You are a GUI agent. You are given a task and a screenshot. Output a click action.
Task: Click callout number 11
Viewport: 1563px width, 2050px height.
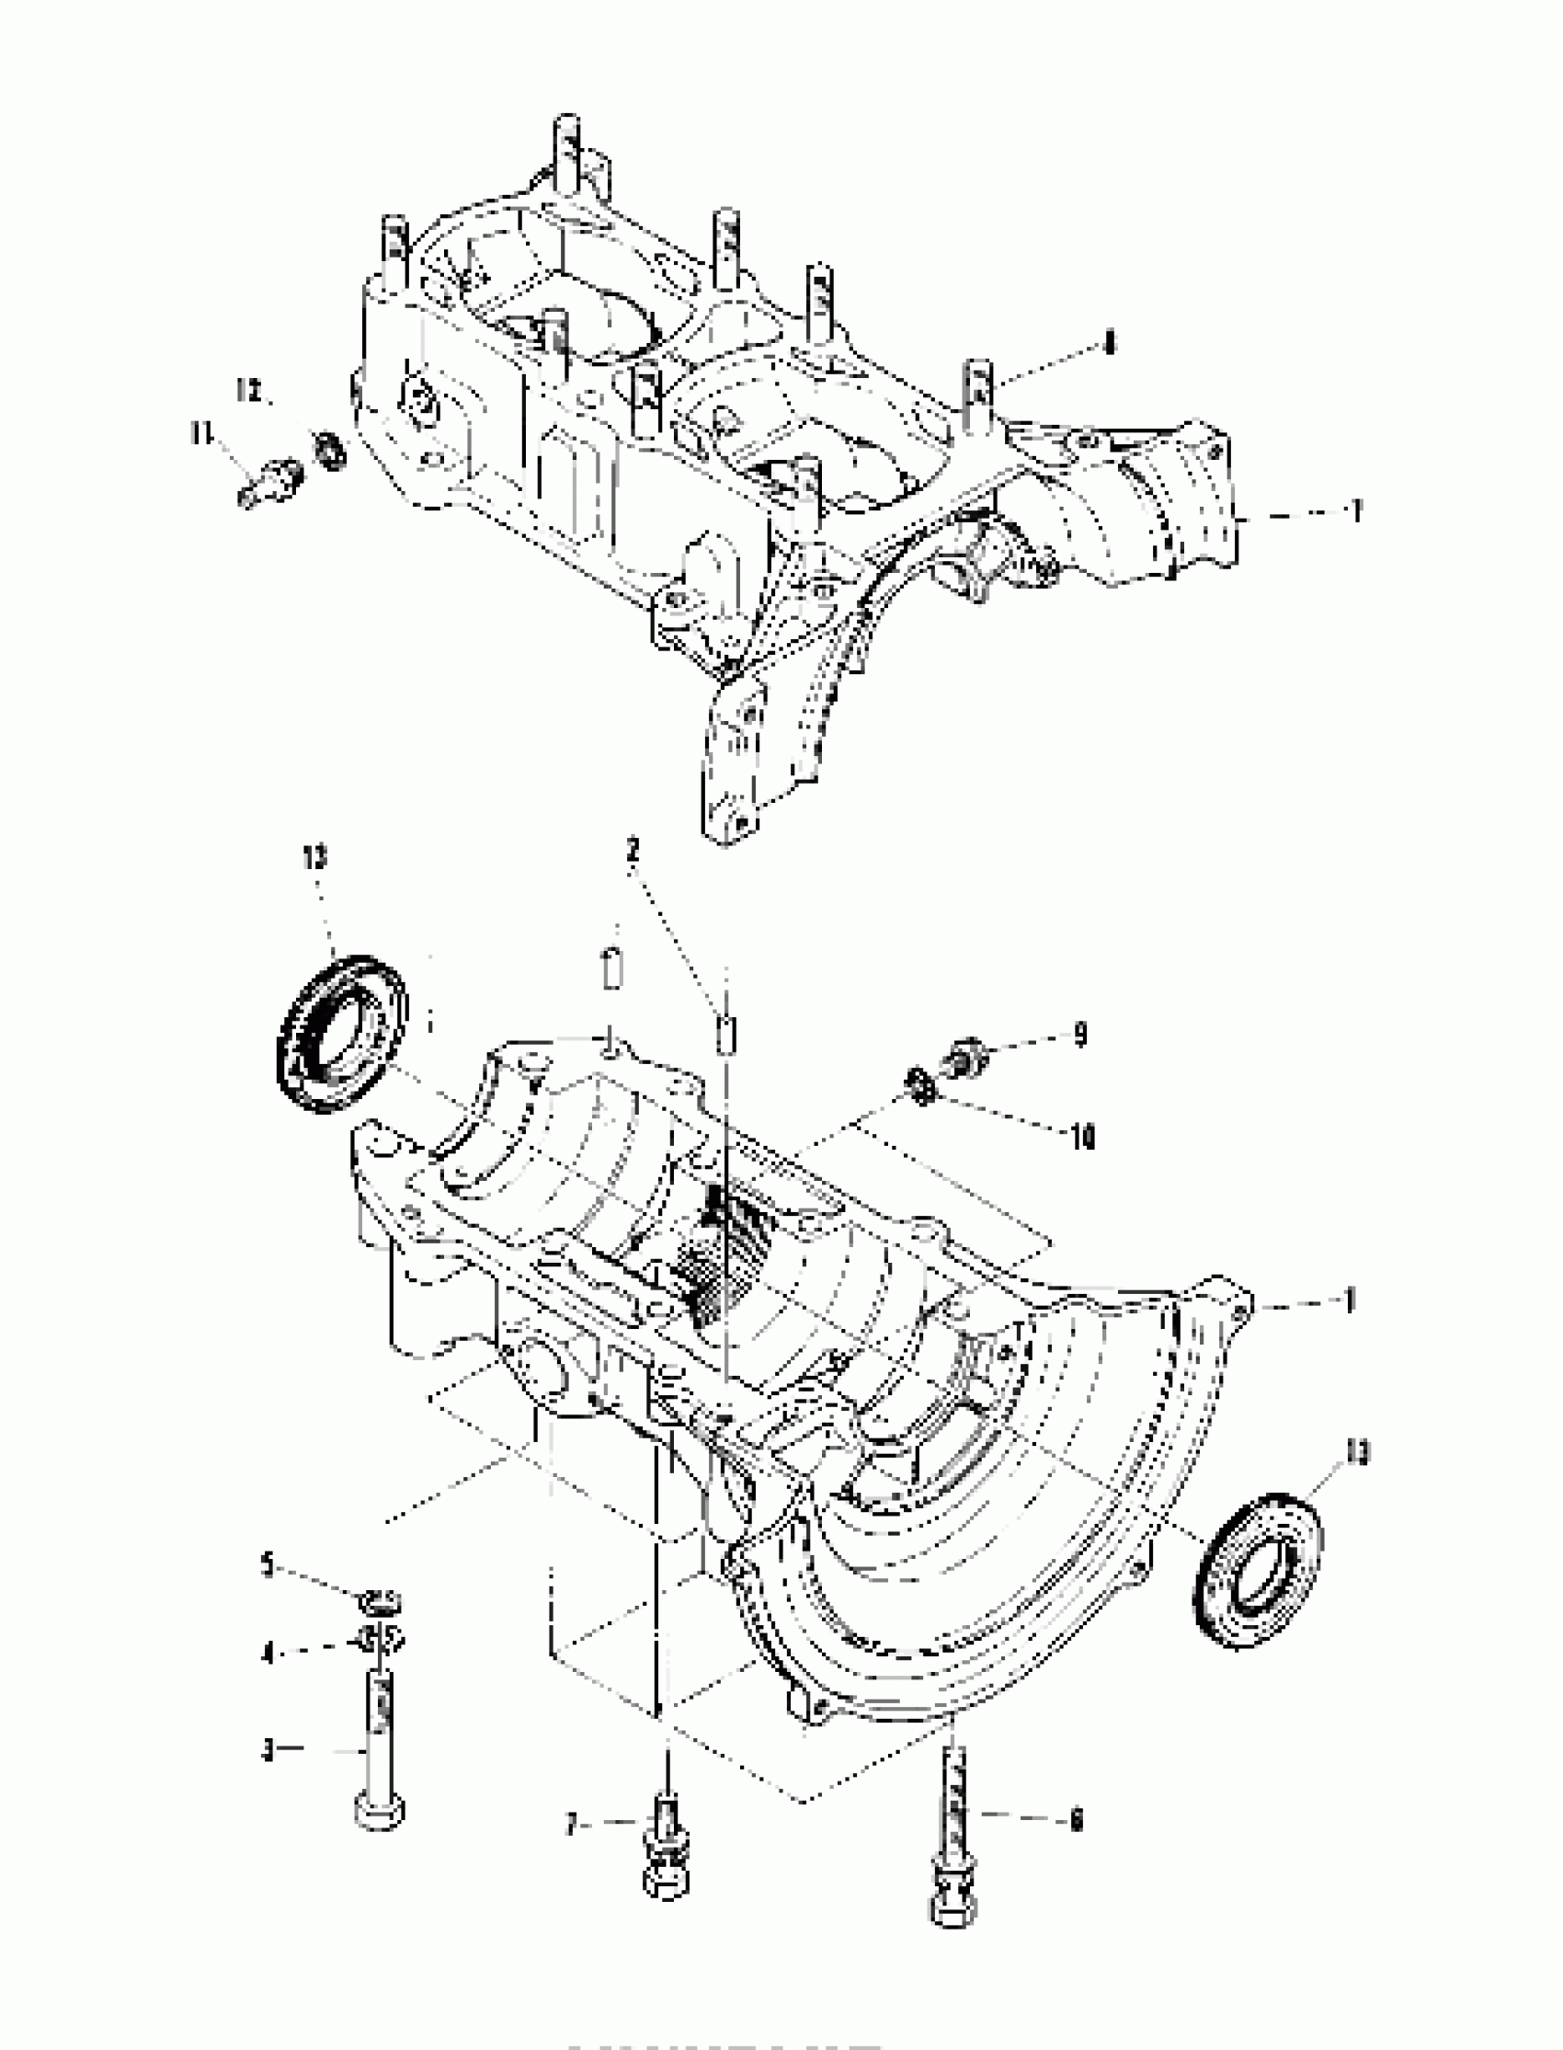(200, 432)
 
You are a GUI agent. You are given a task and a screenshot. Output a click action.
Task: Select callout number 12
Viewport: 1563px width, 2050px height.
(249, 391)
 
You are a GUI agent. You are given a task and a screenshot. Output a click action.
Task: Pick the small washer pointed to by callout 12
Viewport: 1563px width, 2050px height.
(328, 452)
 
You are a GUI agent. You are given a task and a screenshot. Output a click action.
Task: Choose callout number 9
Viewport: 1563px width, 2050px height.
(1079, 1035)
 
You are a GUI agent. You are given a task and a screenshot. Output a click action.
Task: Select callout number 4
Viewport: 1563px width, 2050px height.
(268, 1655)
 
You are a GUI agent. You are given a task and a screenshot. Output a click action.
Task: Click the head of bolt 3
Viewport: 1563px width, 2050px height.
(380, 1814)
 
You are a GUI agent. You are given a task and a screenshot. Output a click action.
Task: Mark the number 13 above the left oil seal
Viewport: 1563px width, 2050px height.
(314, 857)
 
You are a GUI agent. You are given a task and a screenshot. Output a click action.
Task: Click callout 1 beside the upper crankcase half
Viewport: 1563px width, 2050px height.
(1356, 510)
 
